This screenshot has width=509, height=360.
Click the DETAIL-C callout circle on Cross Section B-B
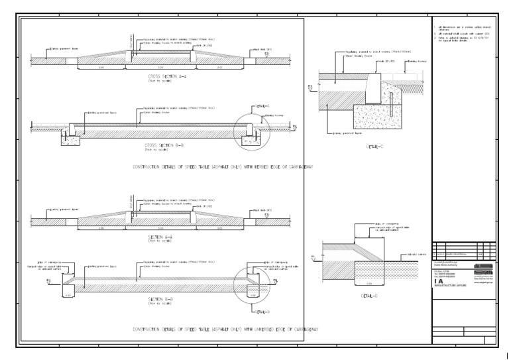pyautogui.click(x=249, y=133)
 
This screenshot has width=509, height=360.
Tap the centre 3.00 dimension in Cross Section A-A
pyautogui.click(x=159, y=68)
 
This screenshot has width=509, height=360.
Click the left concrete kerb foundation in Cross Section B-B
pyautogui.click(x=70, y=139)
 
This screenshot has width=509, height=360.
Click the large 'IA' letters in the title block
pyautogui.click(x=439, y=280)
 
